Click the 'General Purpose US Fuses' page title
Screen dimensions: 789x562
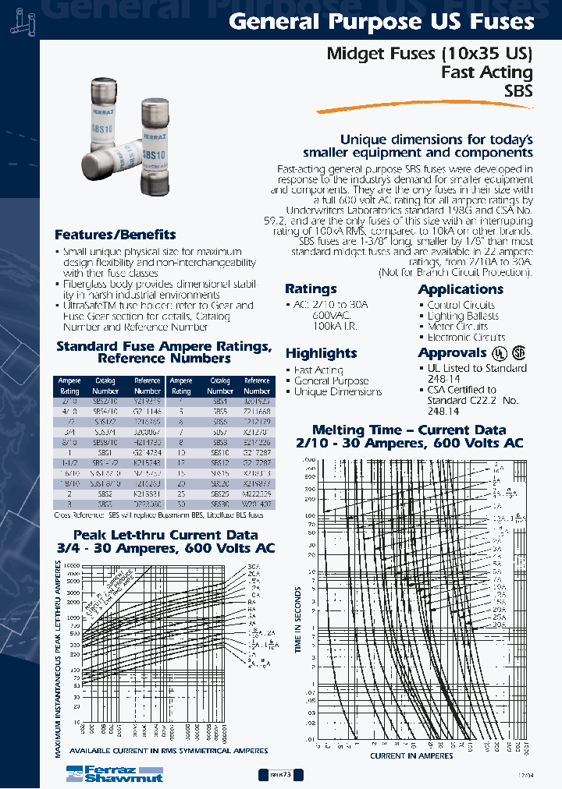pos(382,23)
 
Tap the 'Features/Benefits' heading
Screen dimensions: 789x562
pos(115,234)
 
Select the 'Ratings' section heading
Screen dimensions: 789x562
pos(311,288)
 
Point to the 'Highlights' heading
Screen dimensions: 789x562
pos(321,352)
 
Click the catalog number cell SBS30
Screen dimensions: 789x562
pos(220,504)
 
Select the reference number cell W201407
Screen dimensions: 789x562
pos(257,504)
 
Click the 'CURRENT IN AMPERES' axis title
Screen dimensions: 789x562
pos(411,755)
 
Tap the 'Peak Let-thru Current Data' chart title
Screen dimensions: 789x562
pos(165,535)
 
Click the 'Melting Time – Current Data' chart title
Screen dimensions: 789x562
pos(409,430)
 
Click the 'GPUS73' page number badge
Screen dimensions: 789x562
pos(280,775)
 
